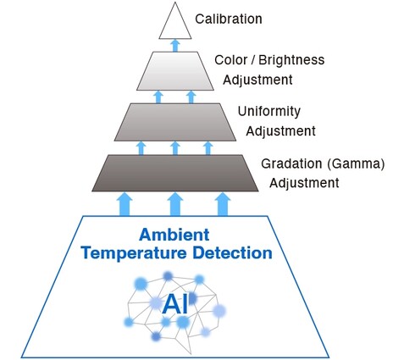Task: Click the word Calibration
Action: click(x=229, y=19)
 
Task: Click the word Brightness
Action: click(x=291, y=60)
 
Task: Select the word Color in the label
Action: click(x=231, y=60)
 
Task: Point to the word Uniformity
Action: click(x=269, y=112)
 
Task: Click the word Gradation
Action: click(x=291, y=163)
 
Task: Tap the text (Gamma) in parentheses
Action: click(x=357, y=163)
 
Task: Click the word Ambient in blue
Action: click(x=174, y=235)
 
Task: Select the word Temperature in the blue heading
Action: click(x=135, y=253)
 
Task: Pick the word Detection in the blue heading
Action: click(x=233, y=252)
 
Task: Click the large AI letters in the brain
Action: click(x=175, y=304)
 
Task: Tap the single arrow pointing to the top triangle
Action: click(x=175, y=46)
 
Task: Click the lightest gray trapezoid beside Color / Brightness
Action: click(x=175, y=71)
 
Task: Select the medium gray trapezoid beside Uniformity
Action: click(x=175, y=122)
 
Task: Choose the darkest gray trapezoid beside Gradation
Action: click(x=175, y=173)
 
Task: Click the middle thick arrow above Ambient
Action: click(x=175, y=204)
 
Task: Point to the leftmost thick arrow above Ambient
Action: click(x=125, y=204)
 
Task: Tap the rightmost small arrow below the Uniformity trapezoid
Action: click(x=208, y=148)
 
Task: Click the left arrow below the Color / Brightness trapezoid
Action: click(x=158, y=97)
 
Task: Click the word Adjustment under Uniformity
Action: click(x=280, y=131)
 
